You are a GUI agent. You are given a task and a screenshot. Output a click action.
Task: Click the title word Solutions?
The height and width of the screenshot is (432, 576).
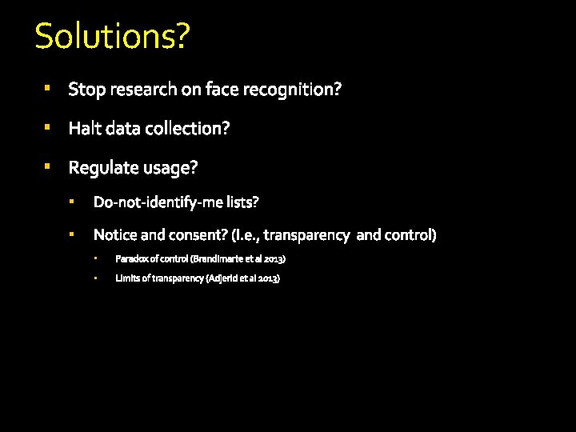click(112, 37)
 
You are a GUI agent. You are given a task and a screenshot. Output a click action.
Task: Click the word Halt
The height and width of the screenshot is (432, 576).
click(84, 129)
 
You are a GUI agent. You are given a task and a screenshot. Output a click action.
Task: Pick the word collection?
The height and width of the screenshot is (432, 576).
click(192, 129)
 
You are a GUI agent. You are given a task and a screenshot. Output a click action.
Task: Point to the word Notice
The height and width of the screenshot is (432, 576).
click(114, 235)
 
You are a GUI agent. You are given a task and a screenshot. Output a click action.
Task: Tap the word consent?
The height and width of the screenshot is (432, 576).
click(194, 235)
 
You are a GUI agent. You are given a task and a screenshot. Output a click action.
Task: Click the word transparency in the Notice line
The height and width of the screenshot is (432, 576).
click(306, 235)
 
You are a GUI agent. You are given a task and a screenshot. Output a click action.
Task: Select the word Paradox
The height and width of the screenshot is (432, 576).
click(130, 259)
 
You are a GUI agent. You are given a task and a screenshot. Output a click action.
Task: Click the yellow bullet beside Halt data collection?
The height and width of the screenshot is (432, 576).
click(48, 127)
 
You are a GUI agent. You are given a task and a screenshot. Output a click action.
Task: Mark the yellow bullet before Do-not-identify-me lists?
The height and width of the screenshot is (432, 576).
click(71, 202)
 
